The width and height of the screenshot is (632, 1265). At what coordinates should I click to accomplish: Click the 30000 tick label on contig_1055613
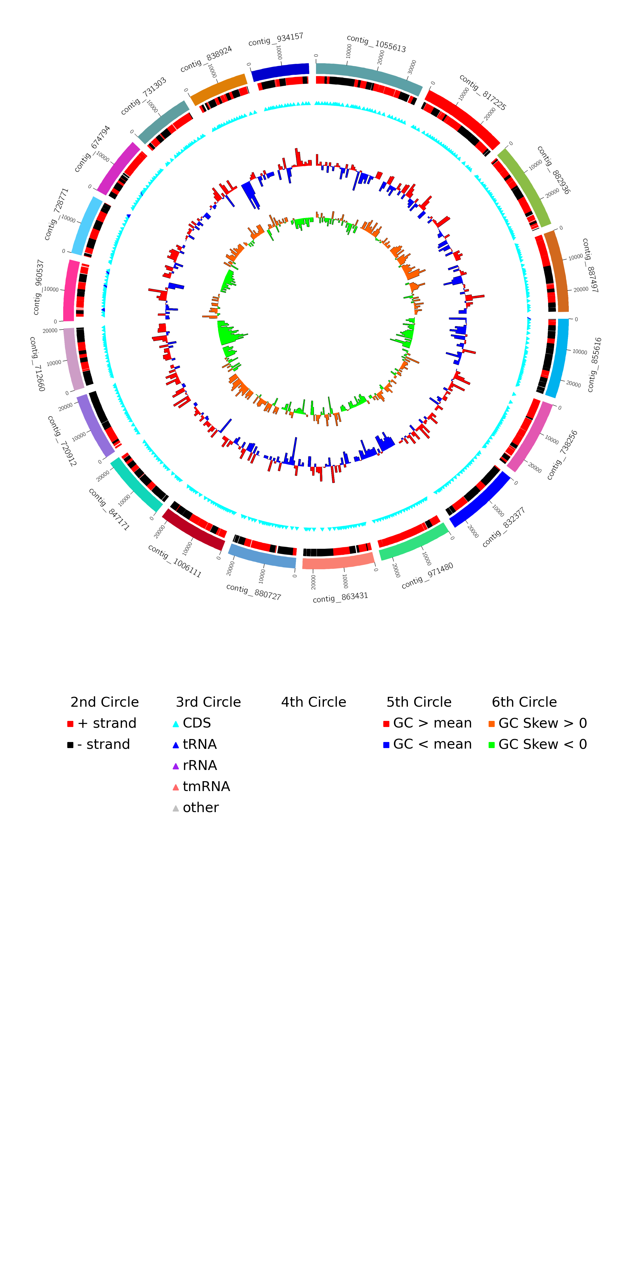coord(412,67)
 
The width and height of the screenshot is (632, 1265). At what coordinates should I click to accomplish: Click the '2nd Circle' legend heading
coord(105,702)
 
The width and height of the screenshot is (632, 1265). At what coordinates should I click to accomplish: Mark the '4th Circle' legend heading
coord(314,702)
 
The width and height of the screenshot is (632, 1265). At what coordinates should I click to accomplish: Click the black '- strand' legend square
coord(70,745)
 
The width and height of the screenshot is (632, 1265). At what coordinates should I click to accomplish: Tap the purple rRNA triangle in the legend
coord(176,766)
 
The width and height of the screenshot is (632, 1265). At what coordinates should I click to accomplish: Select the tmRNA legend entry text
coord(206,787)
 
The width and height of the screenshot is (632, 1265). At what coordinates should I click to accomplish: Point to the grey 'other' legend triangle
coord(176,808)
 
